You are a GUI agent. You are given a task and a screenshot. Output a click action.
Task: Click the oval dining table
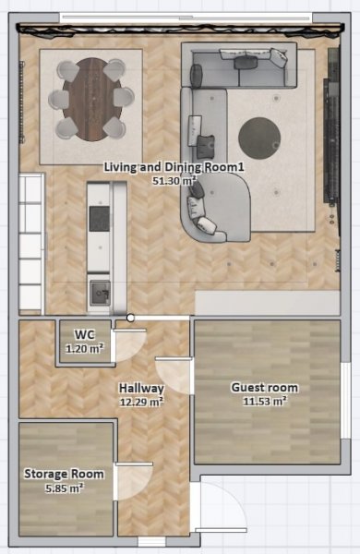[x=92, y=100]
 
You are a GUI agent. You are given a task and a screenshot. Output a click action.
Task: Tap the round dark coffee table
[x=259, y=138]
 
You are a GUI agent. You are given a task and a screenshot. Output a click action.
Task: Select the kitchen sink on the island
[x=100, y=293]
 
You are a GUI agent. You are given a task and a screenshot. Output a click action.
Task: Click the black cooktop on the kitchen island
[x=100, y=219]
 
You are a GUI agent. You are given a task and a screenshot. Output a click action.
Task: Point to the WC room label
[x=85, y=334]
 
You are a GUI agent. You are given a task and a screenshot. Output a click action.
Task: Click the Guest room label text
[x=265, y=388]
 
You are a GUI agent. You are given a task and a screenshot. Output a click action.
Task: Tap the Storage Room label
[x=64, y=474]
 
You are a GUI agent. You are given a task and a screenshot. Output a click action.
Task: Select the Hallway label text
[x=141, y=388]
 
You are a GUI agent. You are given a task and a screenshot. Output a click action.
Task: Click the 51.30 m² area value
[x=174, y=181]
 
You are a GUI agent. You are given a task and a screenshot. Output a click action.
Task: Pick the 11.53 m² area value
[x=265, y=402]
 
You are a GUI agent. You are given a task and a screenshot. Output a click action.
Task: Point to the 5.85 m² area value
[x=65, y=488]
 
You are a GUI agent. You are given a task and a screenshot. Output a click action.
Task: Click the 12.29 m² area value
[x=141, y=402]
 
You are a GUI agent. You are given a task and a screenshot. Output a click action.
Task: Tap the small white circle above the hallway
[x=130, y=318]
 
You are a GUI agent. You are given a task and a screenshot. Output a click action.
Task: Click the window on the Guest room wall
[x=345, y=401]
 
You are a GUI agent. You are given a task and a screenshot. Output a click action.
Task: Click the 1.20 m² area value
[x=85, y=349]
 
